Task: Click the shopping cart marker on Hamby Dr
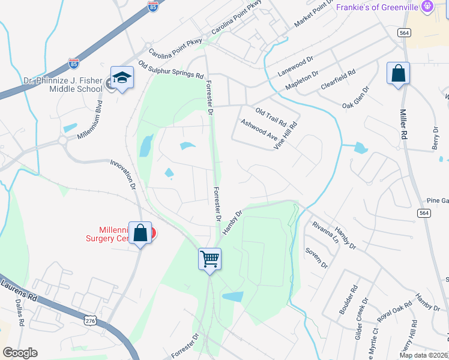point(210,260)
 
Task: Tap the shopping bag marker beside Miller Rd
point(398,74)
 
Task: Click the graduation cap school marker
point(122,79)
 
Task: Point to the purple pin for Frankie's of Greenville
point(427,7)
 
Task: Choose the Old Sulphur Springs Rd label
point(171,70)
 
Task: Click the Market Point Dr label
point(313,14)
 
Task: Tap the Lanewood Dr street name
point(296,66)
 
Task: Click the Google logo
point(20,353)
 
